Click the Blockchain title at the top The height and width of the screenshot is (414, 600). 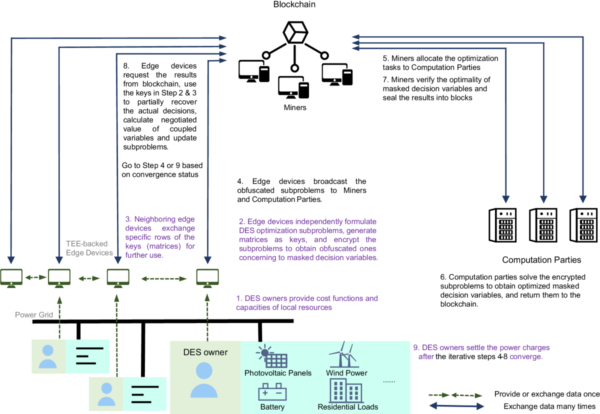[x=294, y=4]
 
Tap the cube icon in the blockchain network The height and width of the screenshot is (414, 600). [x=294, y=34]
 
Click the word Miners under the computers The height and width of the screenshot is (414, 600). [x=294, y=107]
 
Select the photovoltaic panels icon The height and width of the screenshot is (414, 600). [x=272, y=356]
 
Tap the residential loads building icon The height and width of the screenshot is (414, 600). [x=346, y=390]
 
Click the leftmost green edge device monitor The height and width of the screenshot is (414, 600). [x=10, y=277]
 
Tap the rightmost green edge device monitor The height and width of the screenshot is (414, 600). [x=206, y=277]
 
